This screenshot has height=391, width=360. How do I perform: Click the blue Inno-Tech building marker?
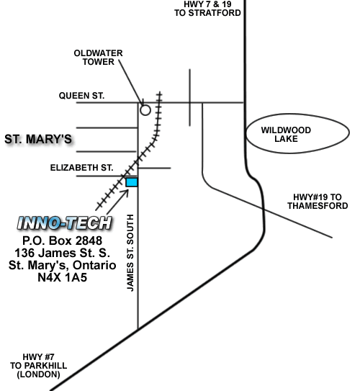click(x=132, y=182)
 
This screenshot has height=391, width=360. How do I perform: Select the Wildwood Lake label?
click(x=286, y=135)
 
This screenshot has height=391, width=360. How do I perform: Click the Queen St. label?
click(x=81, y=96)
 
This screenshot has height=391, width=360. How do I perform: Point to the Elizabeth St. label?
click(x=82, y=168)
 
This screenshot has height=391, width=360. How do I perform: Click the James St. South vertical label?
click(x=130, y=253)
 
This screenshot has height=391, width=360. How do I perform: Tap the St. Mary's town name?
click(x=38, y=139)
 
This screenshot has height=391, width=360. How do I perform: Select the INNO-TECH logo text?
click(x=65, y=223)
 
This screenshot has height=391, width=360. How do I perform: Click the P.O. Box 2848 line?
click(x=62, y=241)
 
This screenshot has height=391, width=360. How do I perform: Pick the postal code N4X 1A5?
click(x=63, y=277)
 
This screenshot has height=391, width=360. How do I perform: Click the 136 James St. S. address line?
click(x=63, y=253)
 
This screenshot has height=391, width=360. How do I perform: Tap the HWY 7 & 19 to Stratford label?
click(x=207, y=9)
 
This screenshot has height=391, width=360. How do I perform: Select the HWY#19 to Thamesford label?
click(x=318, y=202)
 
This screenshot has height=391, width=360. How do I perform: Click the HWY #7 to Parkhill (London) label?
click(x=39, y=366)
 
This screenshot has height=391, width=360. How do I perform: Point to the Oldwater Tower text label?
click(x=98, y=58)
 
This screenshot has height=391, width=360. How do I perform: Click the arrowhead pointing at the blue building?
click(x=126, y=192)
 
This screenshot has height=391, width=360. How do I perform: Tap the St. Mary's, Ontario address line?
click(x=63, y=265)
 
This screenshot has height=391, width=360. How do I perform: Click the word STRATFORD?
click(x=215, y=13)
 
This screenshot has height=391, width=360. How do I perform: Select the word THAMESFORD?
click(x=318, y=206)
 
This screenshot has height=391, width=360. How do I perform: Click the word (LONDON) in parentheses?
click(x=39, y=374)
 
